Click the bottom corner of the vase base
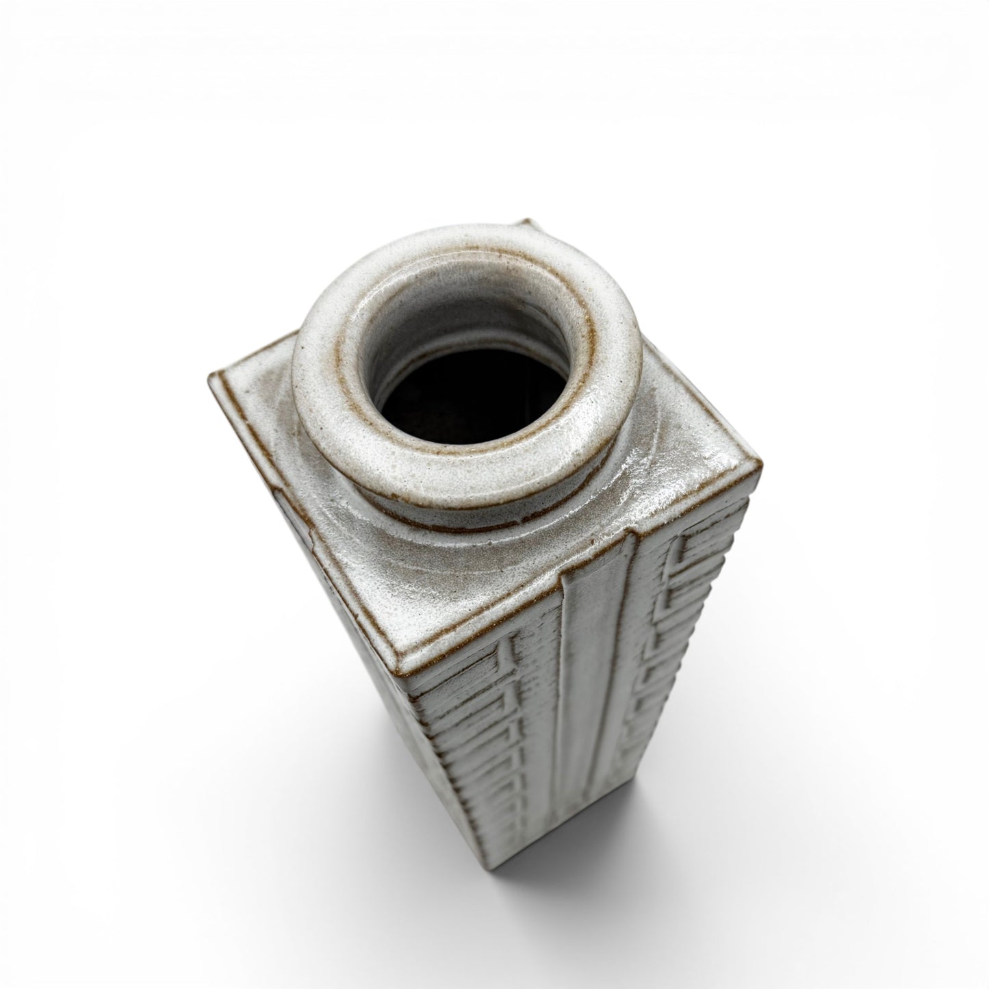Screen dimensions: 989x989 tap(541, 869)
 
